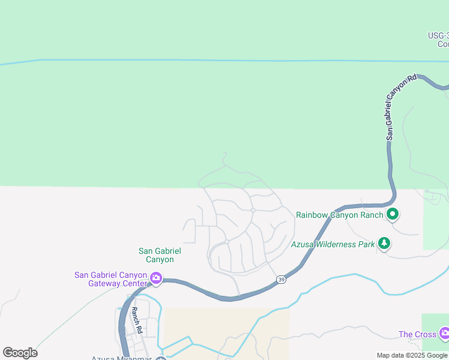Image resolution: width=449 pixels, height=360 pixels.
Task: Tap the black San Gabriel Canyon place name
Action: (x=160, y=255)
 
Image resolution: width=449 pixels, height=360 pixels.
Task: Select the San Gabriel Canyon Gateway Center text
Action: (x=110, y=279)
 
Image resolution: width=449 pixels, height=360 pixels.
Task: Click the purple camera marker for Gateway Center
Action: (x=156, y=278)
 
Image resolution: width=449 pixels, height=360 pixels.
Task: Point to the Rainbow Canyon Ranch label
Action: (x=339, y=215)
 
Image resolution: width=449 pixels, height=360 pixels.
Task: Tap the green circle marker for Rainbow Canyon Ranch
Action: (x=393, y=214)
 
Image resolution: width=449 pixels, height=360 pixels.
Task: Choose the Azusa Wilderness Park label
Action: (x=333, y=244)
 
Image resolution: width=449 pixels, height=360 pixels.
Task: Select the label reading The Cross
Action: (x=417, y=334)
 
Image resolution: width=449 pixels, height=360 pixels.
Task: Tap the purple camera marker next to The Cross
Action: (x=444, y=333)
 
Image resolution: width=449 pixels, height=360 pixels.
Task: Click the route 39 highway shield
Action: (x=281, y=280)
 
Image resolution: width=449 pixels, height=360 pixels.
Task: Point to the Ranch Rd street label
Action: (x=136, y=320)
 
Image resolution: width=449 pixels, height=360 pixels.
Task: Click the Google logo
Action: (x=20, y=353)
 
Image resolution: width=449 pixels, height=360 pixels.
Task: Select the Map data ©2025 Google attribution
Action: (x=412, y=355)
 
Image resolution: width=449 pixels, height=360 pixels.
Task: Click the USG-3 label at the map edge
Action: (x=438, y=40)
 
